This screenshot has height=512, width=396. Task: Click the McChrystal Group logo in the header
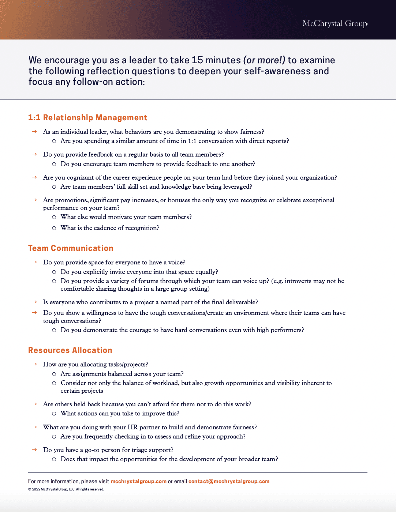(335, 24)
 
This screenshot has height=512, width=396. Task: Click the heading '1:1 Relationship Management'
(87, 118)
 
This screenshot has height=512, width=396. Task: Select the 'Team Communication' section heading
(71, 248)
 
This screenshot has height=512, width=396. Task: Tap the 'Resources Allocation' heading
(70, 350)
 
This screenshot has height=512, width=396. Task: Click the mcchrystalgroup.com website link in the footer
(138, 481)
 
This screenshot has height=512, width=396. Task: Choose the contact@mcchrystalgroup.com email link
(229, 481)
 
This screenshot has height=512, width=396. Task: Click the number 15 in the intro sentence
(197, 60)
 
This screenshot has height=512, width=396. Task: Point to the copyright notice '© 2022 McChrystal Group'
(66, 489)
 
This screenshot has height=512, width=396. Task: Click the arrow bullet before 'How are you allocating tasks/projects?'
(34, 364)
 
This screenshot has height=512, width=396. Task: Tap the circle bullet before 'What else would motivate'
(54, 217)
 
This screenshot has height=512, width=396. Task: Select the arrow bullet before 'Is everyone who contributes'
(34, 302)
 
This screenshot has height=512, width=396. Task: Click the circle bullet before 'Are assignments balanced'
(54, 374)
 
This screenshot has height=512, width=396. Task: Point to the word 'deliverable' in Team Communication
(240, 302)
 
